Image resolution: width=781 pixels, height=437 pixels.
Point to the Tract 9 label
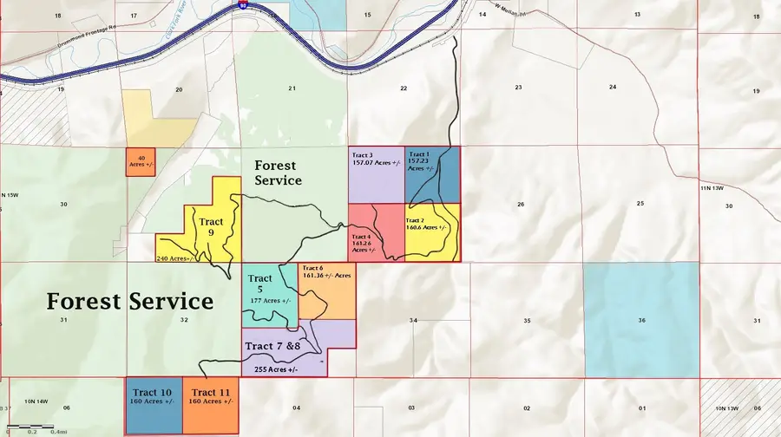click(x=210, y=227)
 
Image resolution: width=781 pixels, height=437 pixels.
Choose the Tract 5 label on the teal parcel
click(x=260, y=284)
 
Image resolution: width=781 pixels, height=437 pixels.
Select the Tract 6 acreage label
click(x=327, y=272)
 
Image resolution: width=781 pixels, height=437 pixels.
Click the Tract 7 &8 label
click(x=272, y=347)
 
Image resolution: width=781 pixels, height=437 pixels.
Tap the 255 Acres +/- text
click(x=276, y=369)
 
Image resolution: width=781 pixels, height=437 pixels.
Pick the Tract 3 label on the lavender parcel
click(x=377, y=158)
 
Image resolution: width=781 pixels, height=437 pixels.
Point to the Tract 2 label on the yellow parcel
click(x=425, y=224)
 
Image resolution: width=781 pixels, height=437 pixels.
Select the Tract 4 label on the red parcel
click(x=363, y=242)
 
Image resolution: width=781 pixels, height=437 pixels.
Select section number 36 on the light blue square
click(x=641, y=321)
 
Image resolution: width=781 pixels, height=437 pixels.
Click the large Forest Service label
click(x=129, y=301)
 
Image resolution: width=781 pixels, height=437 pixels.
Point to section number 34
click(x=413, y=321)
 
